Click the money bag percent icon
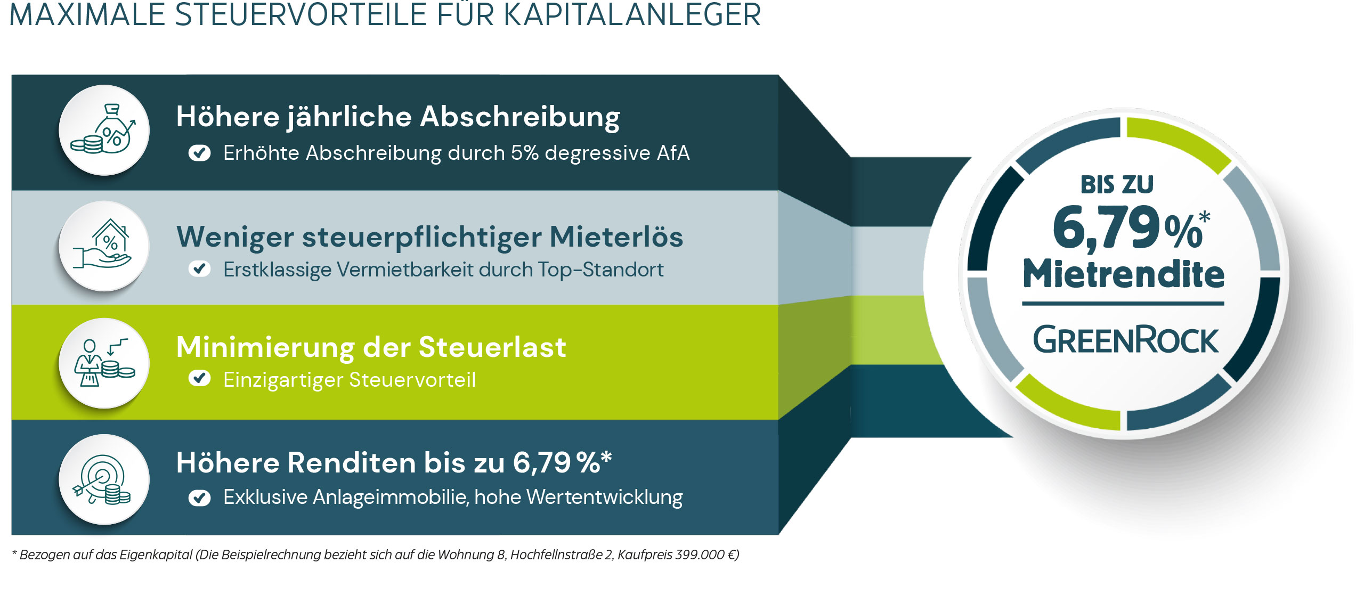[104, 130]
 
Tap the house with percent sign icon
[104, 246]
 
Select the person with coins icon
[104, 363]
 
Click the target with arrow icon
[104, 479]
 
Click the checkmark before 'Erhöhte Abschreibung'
[199, 153]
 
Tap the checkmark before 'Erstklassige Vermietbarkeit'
[199, 269]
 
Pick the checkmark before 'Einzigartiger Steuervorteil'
[199, 379]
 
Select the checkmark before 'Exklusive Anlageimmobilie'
[199, 498]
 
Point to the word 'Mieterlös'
[616, 237]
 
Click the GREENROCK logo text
[1125, 341]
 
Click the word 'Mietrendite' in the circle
[1123, 274]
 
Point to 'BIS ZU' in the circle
[1117, 185]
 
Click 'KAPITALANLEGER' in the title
[632, 15]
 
